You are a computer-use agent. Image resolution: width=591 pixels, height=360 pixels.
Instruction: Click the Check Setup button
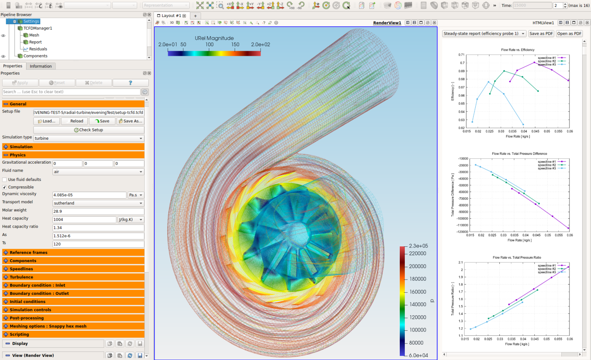[x=88, y=130]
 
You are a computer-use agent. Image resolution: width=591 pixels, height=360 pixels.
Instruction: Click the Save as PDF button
[x=541, y=33]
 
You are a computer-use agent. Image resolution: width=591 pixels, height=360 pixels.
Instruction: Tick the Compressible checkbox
[x=5, y=187]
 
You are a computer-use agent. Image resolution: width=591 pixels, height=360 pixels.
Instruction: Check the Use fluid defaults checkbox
[x=5, y=179]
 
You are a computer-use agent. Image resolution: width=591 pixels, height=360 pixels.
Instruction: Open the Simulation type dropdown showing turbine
[x=88, y=138]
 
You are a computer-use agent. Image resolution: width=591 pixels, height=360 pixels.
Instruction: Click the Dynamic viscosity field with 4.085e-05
[x=89, y=195]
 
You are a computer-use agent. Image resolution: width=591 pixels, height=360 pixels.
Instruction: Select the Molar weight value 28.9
[x=98, y=211]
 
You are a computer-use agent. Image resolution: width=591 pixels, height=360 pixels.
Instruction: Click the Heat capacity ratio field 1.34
[x=98, y=228]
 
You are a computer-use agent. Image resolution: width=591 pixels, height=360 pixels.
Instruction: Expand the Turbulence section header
[x=22, y=277]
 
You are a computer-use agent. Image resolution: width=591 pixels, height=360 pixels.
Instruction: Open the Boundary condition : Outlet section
[x=39, y=293]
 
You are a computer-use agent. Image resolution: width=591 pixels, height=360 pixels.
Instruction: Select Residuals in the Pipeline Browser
[x=38, y=49]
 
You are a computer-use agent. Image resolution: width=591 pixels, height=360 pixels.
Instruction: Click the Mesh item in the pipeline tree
[x=34, y=35]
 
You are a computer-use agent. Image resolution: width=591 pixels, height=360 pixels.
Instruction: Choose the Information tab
[x=41, y=66]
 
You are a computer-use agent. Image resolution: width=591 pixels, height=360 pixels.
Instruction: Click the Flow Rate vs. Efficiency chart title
[x=518, y=50]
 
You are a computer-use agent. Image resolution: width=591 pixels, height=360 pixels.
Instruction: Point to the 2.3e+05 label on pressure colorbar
[x=418, y=246]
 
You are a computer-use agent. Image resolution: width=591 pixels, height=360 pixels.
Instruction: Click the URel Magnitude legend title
[x=214, y=38]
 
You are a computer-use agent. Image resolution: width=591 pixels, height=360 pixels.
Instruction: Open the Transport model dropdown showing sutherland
[x=98, y=203]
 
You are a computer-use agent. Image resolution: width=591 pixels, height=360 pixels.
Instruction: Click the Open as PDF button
[x=569, y=33]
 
